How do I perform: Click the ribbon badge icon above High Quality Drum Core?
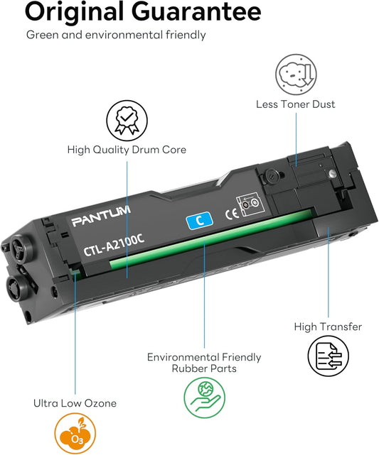pyautogui.click(x=127, y=120)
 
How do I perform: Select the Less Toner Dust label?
pyautogui.click(x=295, y=104)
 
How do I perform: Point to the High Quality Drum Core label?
pyautogui.click(x=127, y=150)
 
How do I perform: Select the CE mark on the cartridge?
pyautogui.click(x=230, y=211)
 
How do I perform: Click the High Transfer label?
pyautogui.click(x=328, y=327)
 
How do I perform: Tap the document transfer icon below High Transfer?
pyautogui.click(x=328, y=356)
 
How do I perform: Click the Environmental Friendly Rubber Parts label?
pyautogui.click(x=204, y=362)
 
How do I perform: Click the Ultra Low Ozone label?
pyautogui.click(x=75, y=403)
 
